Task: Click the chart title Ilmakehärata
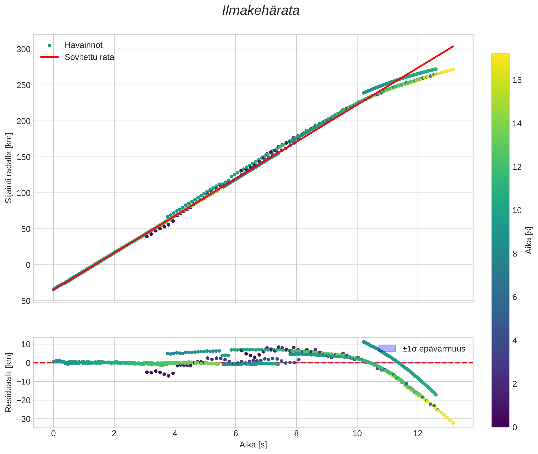pos(261,11)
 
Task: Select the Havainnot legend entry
pos(83,45)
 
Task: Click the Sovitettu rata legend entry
pos(89,57)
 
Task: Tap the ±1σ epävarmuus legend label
pos(434,349)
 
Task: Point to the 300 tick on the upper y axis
pos(23,49)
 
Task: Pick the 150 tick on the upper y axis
pos(23,157)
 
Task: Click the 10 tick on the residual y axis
pos(25,344)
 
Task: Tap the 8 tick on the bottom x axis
pos(296,434)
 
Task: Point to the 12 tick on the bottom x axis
pos(418,434)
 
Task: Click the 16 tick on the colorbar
pos(517,80)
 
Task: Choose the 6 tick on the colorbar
pos(515,297)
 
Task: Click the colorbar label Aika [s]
pos(529,240)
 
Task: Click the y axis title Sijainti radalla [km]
pos(8,168)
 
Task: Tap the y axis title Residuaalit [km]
pos(8,382)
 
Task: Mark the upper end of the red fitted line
pos(453,46)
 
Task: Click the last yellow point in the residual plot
pos(453,423)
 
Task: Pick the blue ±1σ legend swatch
pos(387,349)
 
